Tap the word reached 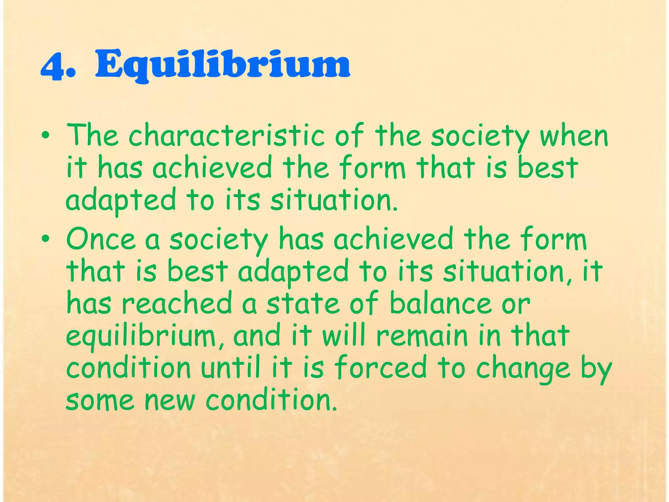[x=177, y=303]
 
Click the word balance [x=441, y=303]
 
